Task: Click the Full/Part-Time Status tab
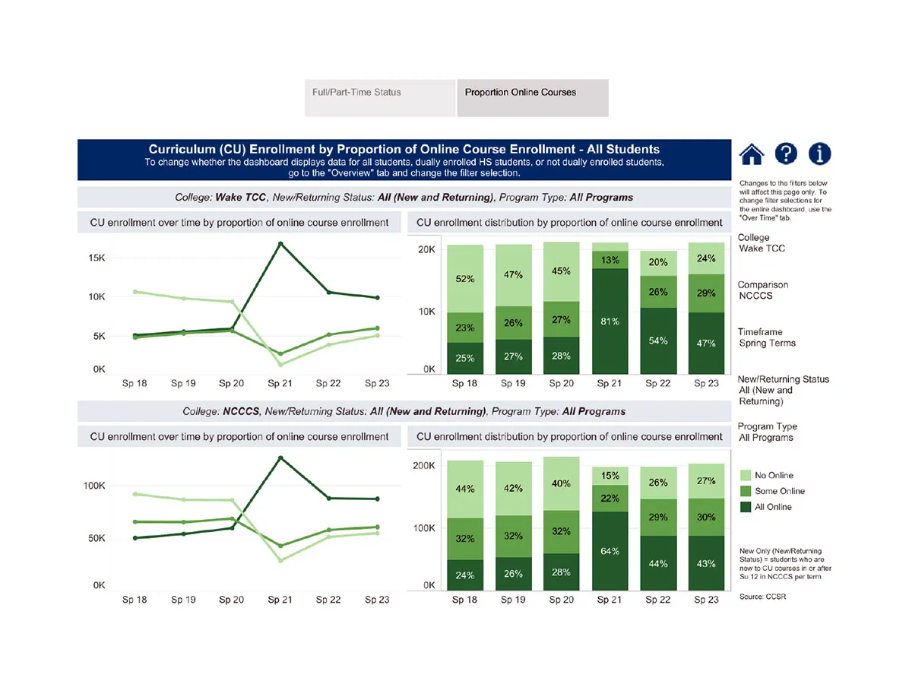356,93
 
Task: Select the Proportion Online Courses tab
521,93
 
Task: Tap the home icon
751,154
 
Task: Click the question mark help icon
786,154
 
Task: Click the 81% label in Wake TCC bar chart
609,321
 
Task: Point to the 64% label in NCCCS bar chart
609,551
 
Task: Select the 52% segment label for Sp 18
465,279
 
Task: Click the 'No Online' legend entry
774,475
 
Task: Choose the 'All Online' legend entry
773,507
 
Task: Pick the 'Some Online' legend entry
779,491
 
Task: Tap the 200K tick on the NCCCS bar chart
424,466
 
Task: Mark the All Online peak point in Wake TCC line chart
280,244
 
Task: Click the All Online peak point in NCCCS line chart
280,458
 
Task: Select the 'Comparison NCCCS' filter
762,290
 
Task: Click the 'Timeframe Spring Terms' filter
766,337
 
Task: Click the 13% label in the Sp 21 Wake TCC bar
609,260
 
